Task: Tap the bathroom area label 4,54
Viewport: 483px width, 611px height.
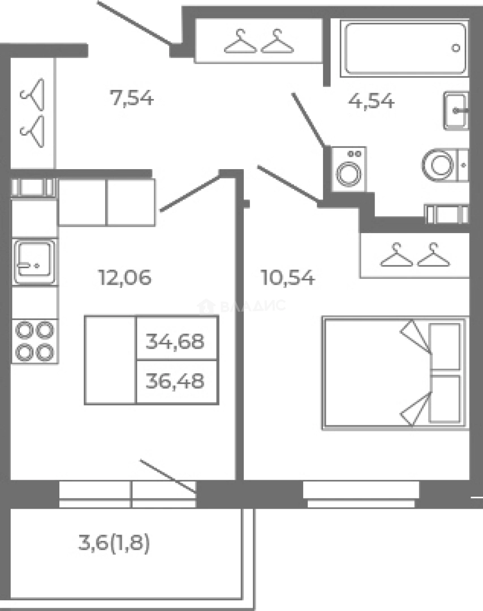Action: click(x=371, y=101)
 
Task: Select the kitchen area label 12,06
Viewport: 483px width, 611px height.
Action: click(x=124, y=278)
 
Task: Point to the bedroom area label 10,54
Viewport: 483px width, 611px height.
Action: click(x=288, y=278)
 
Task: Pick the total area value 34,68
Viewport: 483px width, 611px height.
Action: click(x=175, y=341)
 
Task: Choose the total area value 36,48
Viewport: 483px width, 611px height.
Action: click(x=175, y=381)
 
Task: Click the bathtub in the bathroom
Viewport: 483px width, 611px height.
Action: click(x=405, y=48)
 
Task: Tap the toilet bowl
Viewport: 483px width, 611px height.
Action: click(x=445, y=165)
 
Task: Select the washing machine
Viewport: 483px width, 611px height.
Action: click(x=348, y=169)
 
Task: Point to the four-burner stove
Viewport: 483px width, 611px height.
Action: click(x=34, y=341)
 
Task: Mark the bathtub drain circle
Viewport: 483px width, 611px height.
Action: click(x=455, y=48)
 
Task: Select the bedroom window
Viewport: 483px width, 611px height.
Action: click(x=361, y=494)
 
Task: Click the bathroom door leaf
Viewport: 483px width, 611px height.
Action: click(x=308, y=119)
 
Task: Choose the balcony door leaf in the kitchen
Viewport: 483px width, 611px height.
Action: click(x=168, y=476)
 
